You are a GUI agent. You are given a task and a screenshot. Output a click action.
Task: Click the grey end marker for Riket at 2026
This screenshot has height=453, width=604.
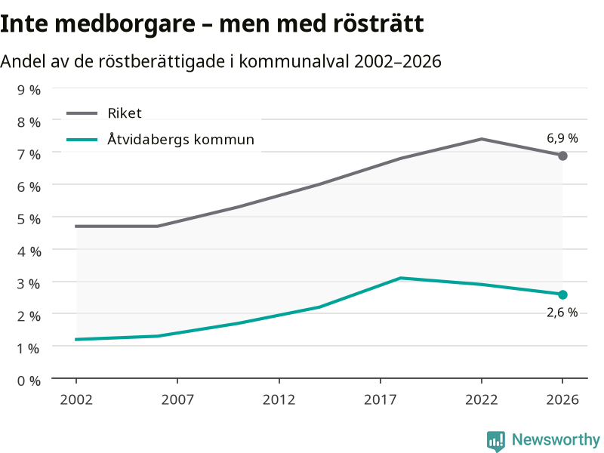click(x=562, y=156)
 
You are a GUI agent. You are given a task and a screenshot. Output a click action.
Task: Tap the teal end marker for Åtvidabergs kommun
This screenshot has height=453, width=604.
click(x=562, y=294)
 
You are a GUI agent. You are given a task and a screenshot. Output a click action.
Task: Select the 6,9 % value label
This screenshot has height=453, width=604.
click(x=562, y=138)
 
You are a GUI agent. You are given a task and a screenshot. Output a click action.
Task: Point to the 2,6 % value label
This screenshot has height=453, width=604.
click(x=562, y=313)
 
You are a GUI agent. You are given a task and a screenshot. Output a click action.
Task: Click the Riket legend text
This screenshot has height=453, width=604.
click(x=125, y=113)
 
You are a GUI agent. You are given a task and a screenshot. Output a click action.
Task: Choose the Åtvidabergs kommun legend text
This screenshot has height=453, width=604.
click(x=180, y=139)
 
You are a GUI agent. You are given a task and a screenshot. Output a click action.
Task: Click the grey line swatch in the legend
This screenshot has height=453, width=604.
click(x=82, y=113)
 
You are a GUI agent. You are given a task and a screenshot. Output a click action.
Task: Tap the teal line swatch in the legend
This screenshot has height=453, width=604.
click(x=82, y=140)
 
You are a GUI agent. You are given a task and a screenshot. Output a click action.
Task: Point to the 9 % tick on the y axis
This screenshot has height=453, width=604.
click(x=29, y=90)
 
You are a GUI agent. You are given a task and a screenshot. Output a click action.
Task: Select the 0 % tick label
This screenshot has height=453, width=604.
click(x=29, y=381)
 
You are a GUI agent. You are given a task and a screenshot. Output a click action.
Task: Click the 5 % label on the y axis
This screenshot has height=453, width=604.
click(x=29, y=219)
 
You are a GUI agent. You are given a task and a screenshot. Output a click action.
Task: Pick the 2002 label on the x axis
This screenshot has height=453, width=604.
click(x=76, y=400)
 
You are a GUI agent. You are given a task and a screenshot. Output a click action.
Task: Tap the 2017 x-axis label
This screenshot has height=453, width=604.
click(x=381, y=400)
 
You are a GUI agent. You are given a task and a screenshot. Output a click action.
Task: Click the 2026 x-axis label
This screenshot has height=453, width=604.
click(x=562, y=400)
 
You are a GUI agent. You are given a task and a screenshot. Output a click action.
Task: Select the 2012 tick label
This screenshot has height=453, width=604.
click(x=279, y=400)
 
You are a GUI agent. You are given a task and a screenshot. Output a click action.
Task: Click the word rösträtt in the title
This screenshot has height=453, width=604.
click(x=378, y=23)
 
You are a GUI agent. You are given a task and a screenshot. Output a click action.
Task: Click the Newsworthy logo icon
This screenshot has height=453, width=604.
click(x=496, y=441)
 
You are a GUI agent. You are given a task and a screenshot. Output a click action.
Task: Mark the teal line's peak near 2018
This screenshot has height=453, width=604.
click(x=401, y=278)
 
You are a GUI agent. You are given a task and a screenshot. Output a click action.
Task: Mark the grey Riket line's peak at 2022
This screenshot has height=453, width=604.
click(x=482, y=139)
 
